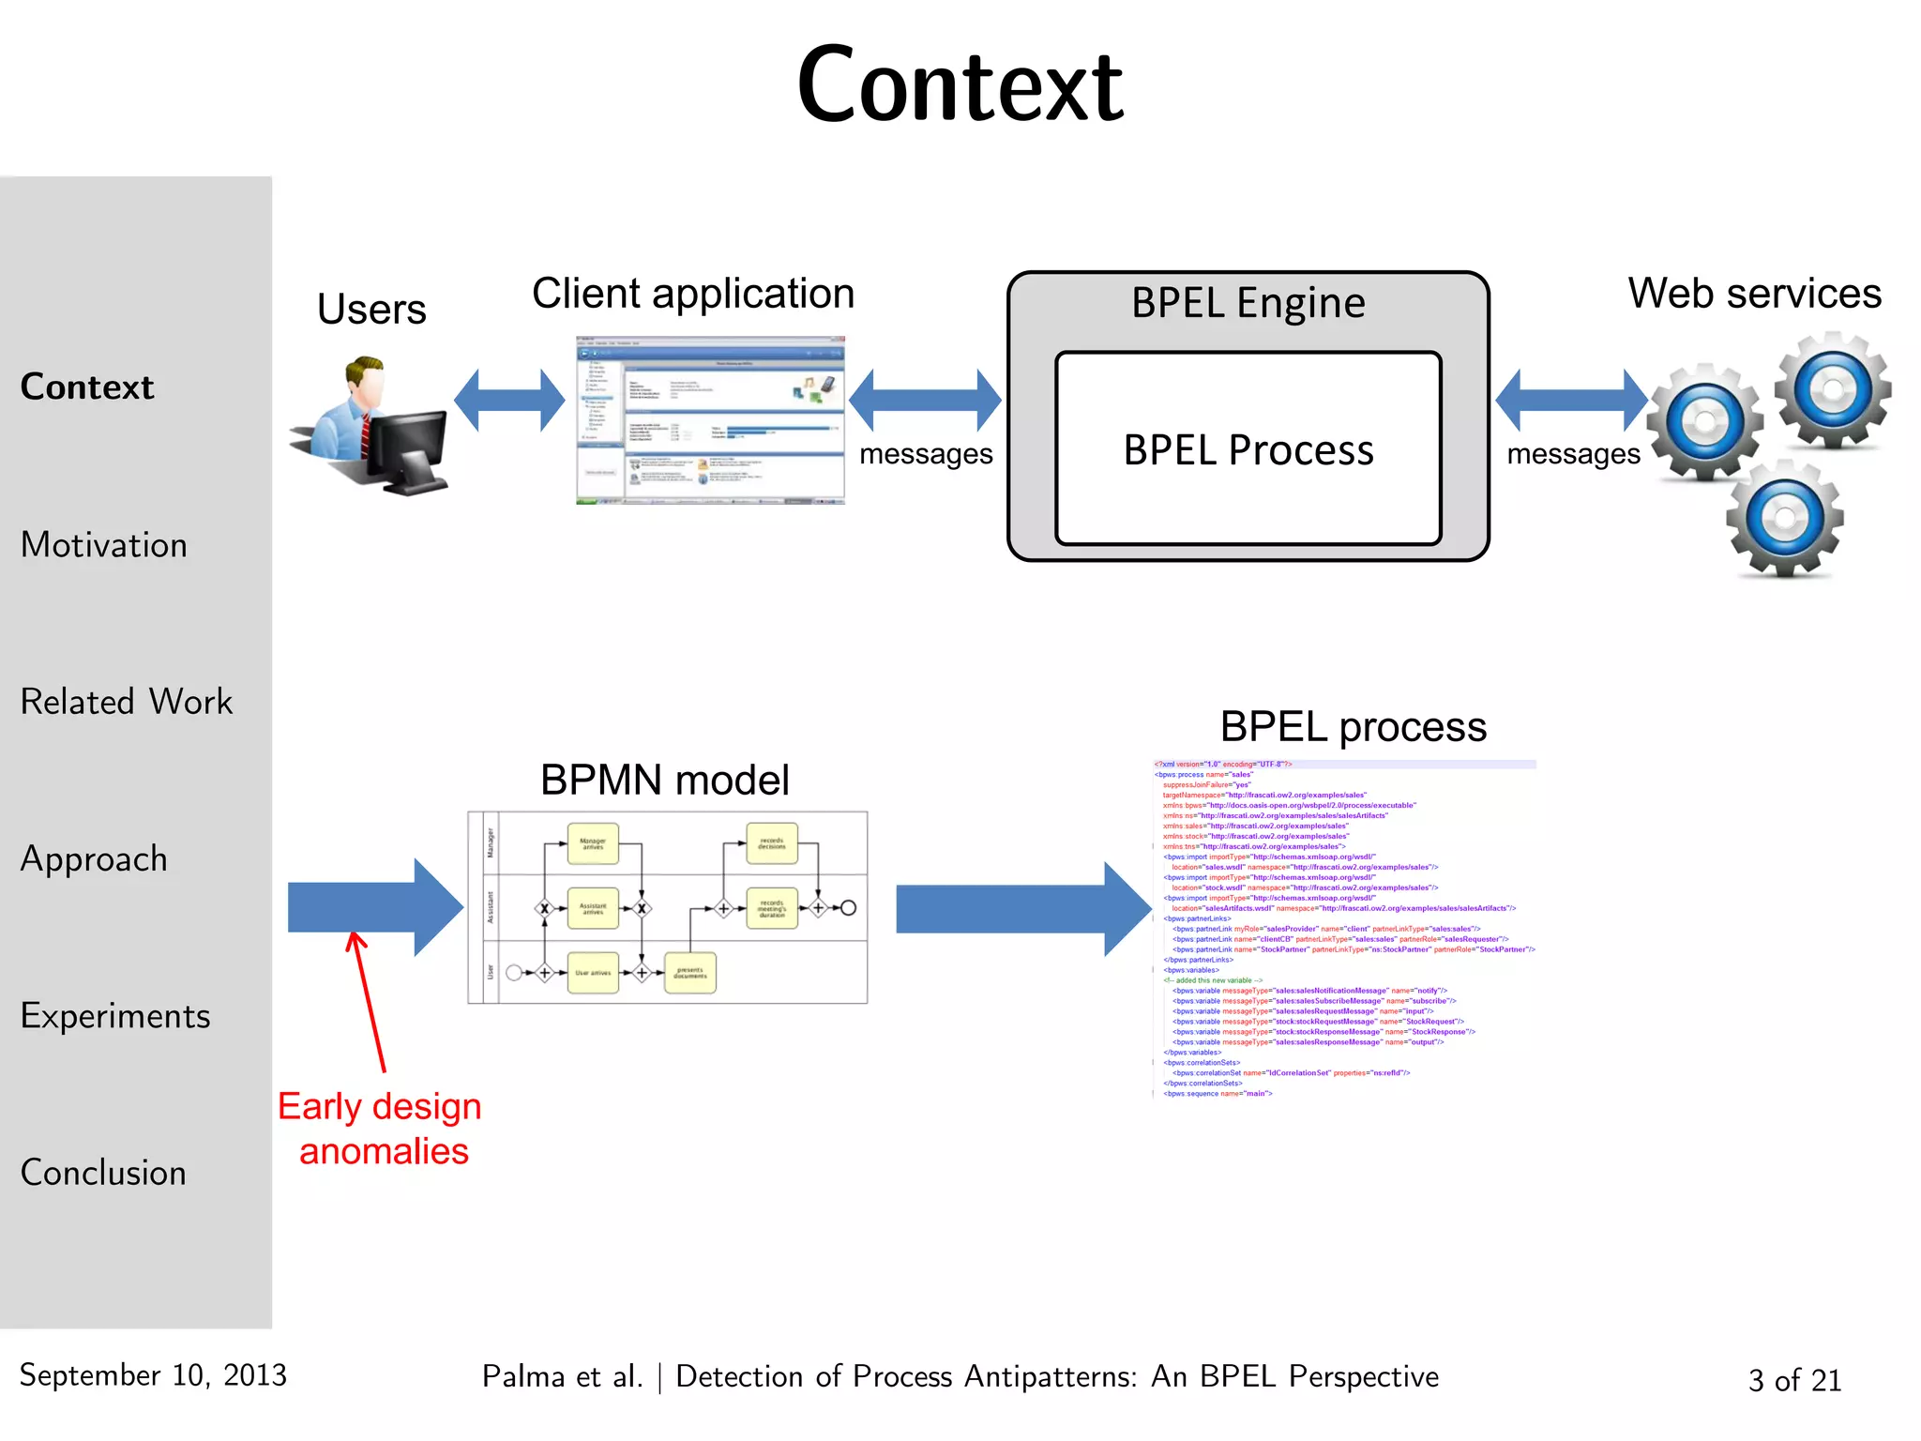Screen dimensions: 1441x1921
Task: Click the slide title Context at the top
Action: click(960, 86)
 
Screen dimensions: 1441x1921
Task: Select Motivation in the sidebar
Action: click(103, 545)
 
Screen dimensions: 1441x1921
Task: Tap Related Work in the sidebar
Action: click(126, 702)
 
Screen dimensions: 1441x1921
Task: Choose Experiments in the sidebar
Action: click(114, 1016)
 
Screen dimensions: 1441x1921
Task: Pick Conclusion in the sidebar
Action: click(103, 1173)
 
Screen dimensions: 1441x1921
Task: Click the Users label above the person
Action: click(371, 309)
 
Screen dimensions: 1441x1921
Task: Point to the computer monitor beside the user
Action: click(408, 450)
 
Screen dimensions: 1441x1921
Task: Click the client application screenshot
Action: click(710, 420)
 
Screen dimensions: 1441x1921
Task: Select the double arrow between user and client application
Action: click(509, 401)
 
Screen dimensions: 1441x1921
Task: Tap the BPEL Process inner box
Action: click(1248, 449)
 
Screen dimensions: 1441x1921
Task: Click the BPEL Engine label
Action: click(1248, 303)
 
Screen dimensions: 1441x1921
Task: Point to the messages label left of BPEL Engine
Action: click(926, 454)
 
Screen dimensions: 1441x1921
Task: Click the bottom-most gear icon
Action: click(1785, 519)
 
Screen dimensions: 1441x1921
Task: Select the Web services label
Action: click(1754, 294)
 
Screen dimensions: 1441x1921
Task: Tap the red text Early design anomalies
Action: click(381, 1129)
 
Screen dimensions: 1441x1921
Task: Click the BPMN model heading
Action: click(664, 780)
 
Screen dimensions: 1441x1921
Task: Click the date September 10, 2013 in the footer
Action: click(153, 1375)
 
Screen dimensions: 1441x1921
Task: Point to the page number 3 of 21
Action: click(1794, 1380)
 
